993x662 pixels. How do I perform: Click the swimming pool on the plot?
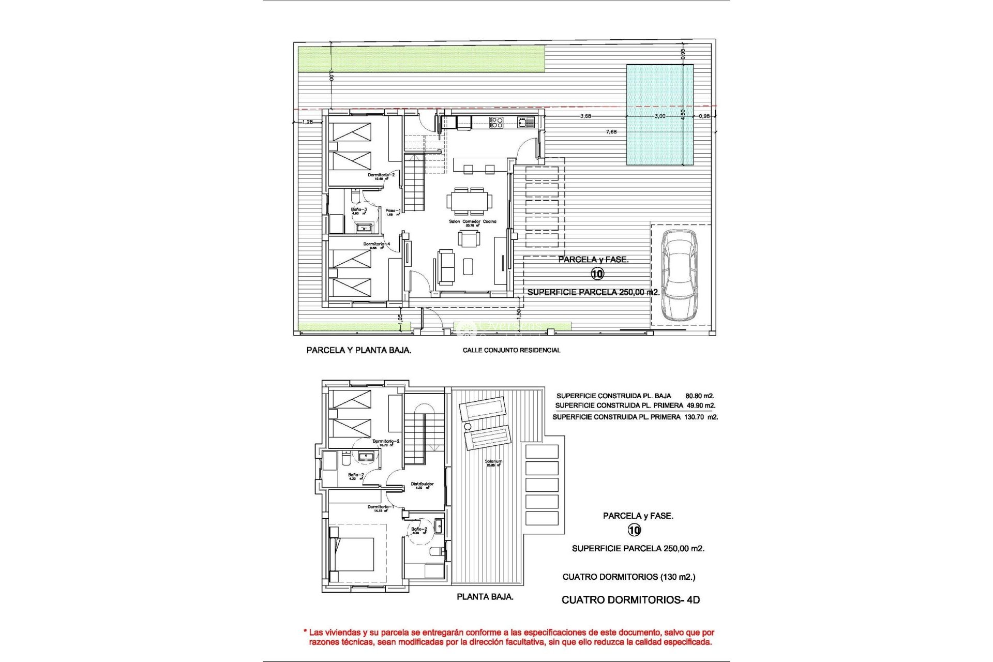pos(659,115)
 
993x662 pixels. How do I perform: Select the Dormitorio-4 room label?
pos(377,244)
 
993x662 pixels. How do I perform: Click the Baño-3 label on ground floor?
pos(359,209)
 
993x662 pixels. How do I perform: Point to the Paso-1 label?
pos(393,210)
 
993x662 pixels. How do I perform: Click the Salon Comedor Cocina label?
pos(472,221)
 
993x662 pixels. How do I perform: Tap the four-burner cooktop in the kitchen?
pos(496,122)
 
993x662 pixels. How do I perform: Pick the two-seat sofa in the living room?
pos(446,267)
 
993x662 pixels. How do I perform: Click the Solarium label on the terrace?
pos(493,461)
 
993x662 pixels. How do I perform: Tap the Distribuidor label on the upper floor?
pos(422,484)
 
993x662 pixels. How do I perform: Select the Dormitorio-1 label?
pos(381,507)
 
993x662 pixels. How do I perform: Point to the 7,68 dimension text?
pos(611,132)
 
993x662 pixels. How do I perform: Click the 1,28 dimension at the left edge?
pos(307,122)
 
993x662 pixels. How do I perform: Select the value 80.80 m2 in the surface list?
pos(700,396)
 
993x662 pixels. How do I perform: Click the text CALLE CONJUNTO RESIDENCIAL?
pos(511,350)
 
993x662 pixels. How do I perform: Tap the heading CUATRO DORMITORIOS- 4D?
pos(630,600)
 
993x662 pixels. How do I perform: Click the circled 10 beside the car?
pos(597,274)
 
